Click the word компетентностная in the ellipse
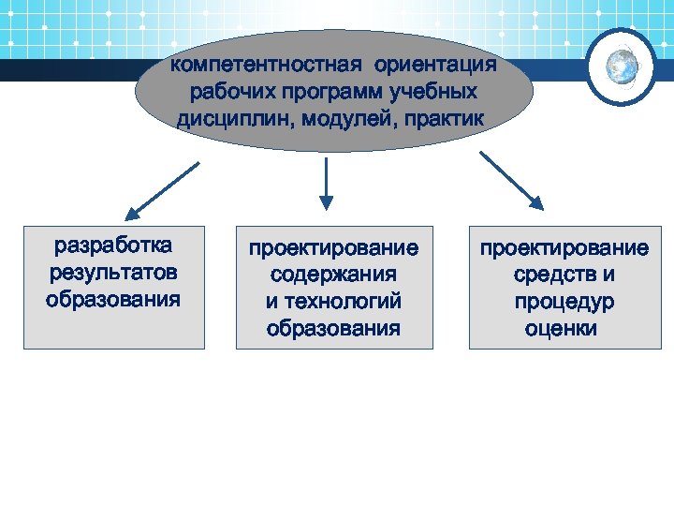point(267,67)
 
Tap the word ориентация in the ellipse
point(435,67)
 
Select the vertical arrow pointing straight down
point(326,183)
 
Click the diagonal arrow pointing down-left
point(162,193)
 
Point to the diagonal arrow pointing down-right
point(510,181)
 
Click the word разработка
point(113,246)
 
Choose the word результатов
point(113,273)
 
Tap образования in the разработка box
point(113,300)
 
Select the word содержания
point(333,275)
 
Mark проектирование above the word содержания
point(333,248)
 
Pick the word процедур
point(564,302)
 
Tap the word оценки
point(561,329)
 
